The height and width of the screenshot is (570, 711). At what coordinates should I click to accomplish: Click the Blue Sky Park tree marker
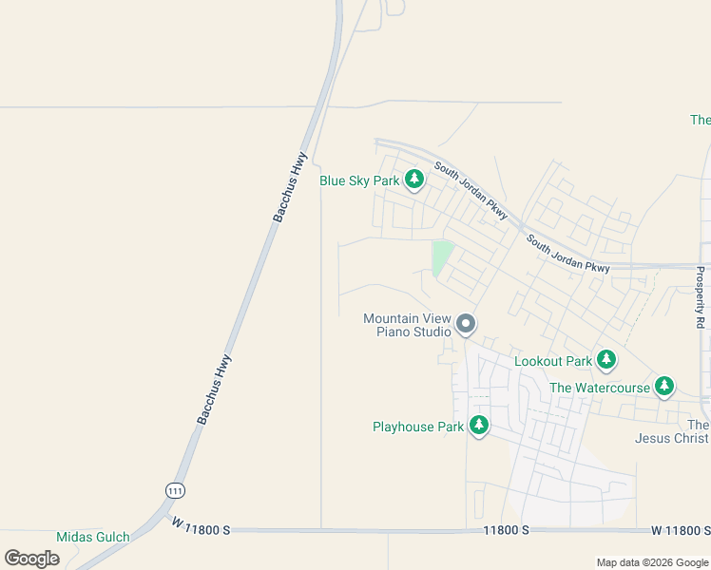413,180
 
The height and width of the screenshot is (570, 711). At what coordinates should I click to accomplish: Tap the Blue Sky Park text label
359,180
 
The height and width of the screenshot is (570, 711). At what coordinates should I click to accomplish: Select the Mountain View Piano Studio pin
466,325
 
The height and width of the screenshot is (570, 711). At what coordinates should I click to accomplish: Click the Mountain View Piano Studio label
407,325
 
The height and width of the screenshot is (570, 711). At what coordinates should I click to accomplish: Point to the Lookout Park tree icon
606,360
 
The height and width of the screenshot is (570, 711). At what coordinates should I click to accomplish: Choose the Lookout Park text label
553,361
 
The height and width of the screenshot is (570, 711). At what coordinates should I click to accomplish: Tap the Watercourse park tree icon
664,387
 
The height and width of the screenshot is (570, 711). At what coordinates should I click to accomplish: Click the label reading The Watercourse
600,388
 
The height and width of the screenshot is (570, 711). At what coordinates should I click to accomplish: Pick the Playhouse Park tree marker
479,427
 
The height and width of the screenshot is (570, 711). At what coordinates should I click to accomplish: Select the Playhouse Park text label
418,427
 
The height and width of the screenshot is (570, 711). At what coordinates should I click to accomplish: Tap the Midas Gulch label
92,537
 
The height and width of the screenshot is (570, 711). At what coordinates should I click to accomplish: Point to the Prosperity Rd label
701,297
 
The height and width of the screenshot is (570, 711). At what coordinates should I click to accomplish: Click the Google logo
31,558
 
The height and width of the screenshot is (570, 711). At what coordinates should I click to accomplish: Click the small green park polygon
441,256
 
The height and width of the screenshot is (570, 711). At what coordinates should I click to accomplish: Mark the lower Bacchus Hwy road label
215,389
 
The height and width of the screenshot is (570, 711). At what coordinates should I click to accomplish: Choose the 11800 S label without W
506,529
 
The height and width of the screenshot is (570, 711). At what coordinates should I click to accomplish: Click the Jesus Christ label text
672,438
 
